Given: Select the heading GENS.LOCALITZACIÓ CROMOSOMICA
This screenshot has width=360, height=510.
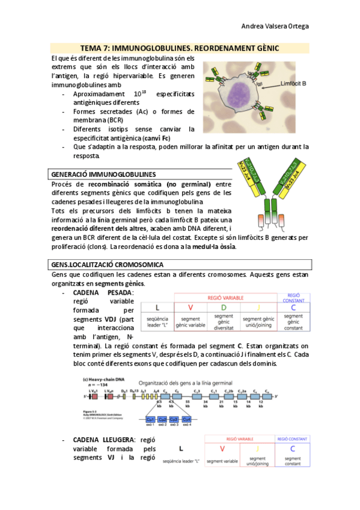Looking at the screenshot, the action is [x=108, y=265].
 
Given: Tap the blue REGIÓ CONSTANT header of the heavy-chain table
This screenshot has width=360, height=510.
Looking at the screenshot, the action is [x=294, y=298].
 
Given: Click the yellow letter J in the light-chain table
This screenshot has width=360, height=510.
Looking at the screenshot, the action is [x=258, y=449].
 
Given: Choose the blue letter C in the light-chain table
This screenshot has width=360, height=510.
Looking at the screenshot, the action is [x=293, y=449].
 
